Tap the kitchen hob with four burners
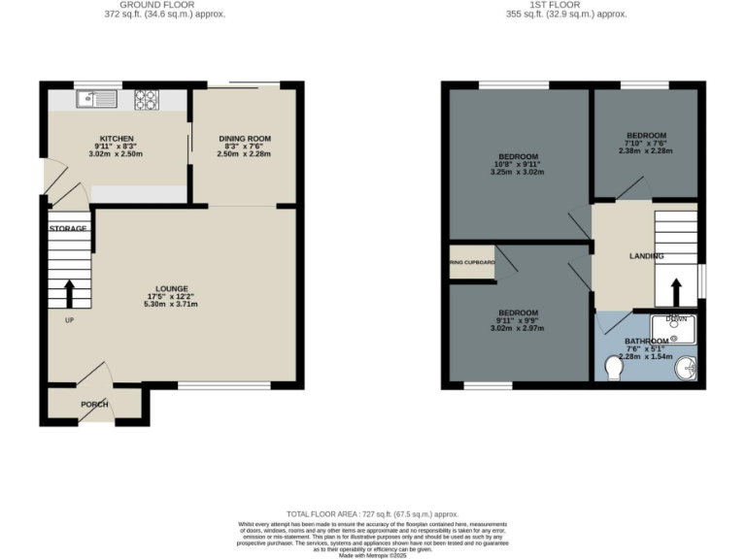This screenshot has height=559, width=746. click(x=148, y=97)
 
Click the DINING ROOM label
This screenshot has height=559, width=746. click(x=243, y=138)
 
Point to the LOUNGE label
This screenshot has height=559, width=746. click(x=171, y=288)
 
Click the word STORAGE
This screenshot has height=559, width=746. click(x=68, y=228)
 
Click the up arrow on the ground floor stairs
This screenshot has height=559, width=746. click(x=70, y=293)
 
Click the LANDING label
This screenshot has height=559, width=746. click(x=645, y=256)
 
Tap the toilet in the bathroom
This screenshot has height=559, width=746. click(x=614, y=370)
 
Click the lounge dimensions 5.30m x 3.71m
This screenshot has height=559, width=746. click(x=171, y=304)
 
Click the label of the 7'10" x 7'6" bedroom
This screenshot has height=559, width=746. click(x=646, y=135)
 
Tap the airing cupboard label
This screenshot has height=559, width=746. click(x=472, y=262)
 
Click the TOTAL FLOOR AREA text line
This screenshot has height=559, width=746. click(x=372, y=513)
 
